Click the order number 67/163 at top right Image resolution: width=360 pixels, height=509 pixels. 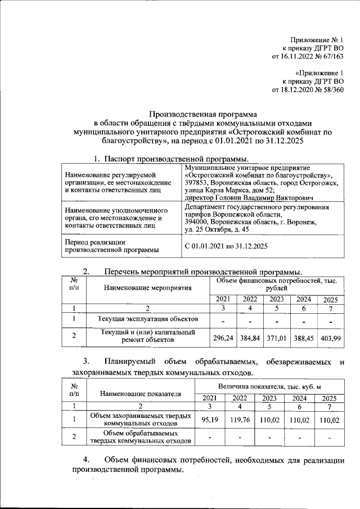pyautogui.click(x=337, y=56)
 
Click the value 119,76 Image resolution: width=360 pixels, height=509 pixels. pyautogui.click(x=239, y=420)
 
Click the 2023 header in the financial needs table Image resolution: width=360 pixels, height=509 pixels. pyautogui.click(x=276, y=299)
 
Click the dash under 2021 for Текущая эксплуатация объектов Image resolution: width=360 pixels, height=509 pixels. pyautogui.click(x=223, y=320)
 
